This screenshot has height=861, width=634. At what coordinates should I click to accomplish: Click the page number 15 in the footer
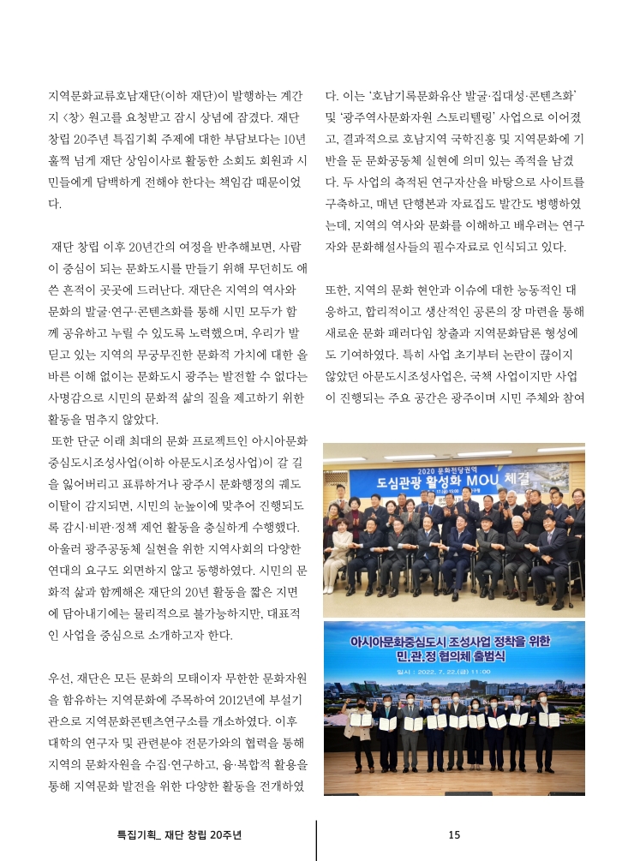[454, 835]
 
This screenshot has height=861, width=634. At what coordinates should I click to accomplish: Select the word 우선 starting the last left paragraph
[62, 679]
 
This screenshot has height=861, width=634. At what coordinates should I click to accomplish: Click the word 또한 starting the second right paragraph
[338, 290]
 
